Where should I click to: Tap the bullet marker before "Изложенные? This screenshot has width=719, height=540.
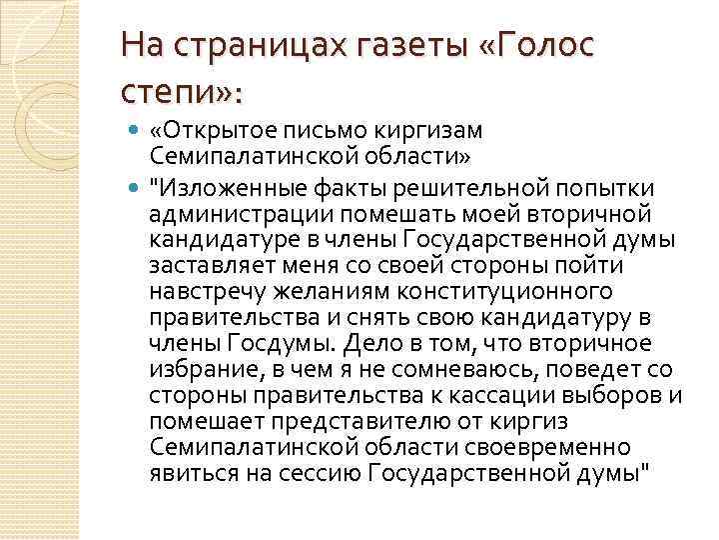[136, 185]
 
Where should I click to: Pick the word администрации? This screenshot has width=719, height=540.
[241, 212]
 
